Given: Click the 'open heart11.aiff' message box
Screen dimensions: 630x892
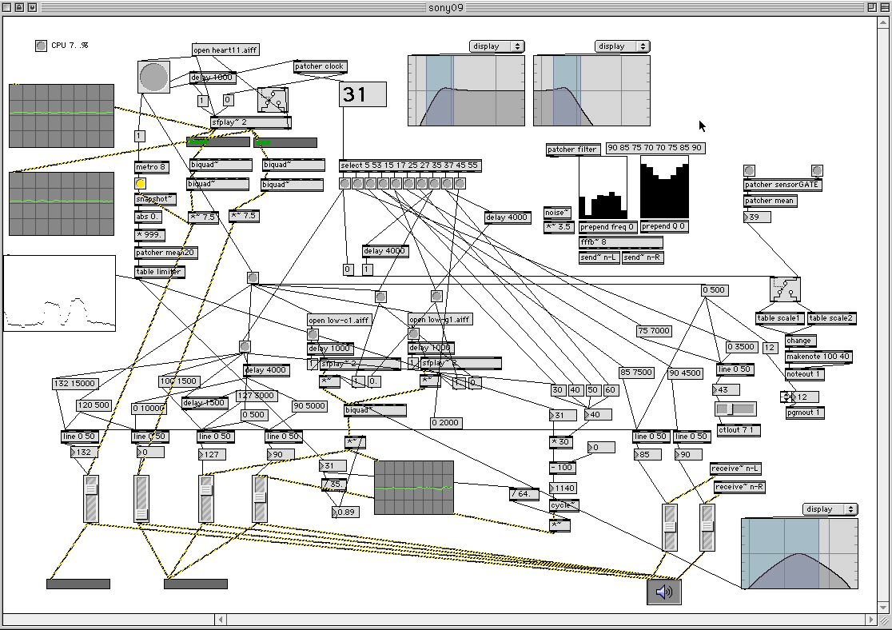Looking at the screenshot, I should pyautogui.click(x=225, y=50).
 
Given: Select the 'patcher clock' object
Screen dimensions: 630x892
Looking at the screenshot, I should pyautogui.click(x=321, y=66).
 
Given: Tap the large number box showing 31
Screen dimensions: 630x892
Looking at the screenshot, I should pyautogui.click(x=363, y=94).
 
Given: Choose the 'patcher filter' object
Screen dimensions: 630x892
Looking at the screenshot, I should pyautogui.click(x=573, y=150).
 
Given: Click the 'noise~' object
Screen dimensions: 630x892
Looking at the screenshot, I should pyautogui.click(x=557, y=213).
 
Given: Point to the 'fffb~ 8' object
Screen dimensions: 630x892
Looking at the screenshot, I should pyautogui.click(x=620, y=242).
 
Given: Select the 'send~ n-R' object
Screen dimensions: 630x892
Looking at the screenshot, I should pyautogui.click(x=643, y=257).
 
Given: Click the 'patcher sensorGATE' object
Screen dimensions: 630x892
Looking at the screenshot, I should pyautogui.click(x=782, y=185).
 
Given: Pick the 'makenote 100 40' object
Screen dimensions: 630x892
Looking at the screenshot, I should pyautogui.click(x=817, y=357).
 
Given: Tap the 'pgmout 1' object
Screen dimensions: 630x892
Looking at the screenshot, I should pyautogui.click(x=803, y=413).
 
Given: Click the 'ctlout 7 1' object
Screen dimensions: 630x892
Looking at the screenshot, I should pyautogui.click(x=739, y=430).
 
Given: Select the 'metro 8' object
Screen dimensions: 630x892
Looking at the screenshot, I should pyautogui.click(x=152, y=167).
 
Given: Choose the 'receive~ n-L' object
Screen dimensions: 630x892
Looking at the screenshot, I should pyautogui.click(x=737, y=469).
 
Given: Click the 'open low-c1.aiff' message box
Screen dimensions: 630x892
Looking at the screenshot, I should pyautogui.click(x=339, y=320).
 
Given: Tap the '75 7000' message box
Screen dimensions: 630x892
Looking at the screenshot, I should pyautogui.click(x=654, y=331).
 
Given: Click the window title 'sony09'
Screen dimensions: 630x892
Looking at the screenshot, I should pyautogui.click(x=445, y=7).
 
